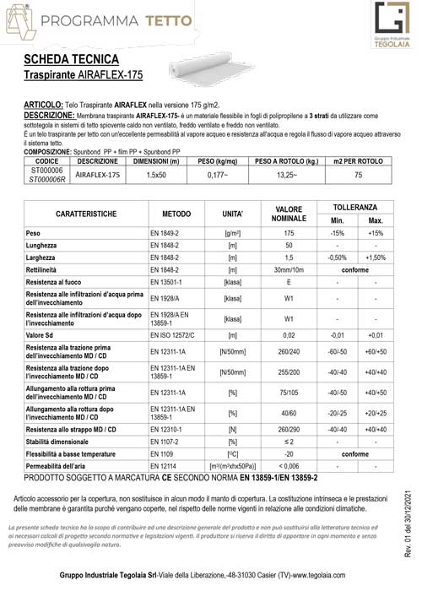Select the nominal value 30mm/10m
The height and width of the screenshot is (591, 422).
point(289,269)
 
